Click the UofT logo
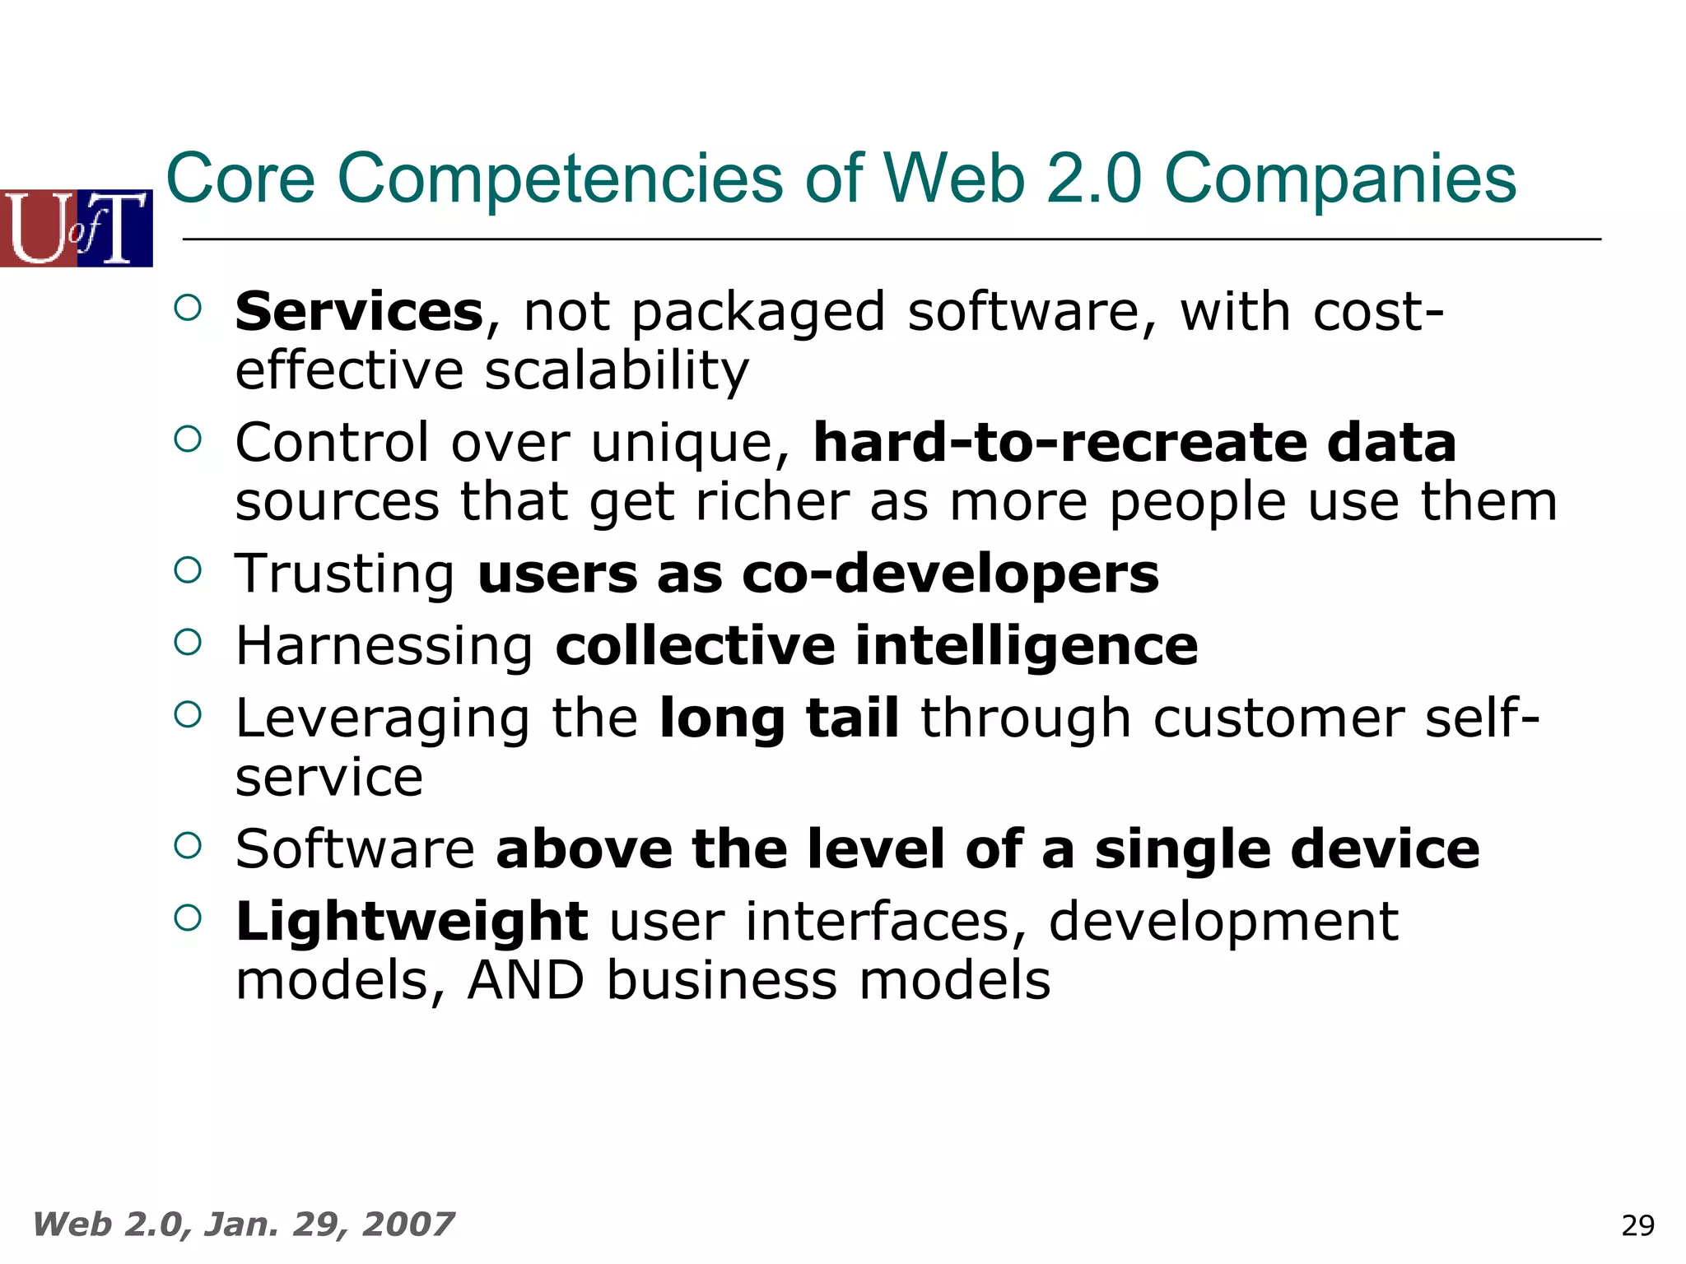tap(77, 228)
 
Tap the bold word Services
tap(359, 312)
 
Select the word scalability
tap(617, 371)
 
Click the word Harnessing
tap(384, 645)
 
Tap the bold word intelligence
tap(1027, 645)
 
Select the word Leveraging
tap(383, 718)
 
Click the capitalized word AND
tap(526, 980)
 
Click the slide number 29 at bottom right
tap(1637, 1225)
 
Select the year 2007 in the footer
tap(408, 1224)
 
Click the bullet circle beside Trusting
tap(188, 569)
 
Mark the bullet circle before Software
tap(188, 845)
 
